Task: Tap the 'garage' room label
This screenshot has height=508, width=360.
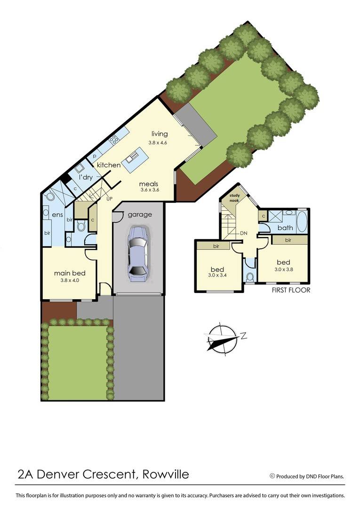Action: coord(139,214)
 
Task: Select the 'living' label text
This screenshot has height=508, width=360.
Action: coord(160,134)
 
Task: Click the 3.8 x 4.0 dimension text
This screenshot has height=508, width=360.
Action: coord(69,281)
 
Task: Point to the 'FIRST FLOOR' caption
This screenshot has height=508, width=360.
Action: coord(291,290)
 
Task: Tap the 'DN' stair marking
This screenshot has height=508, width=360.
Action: coord(244,233)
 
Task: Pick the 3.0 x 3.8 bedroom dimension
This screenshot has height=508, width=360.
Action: coord(283,270)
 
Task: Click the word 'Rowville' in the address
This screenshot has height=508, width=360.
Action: coord(165,474)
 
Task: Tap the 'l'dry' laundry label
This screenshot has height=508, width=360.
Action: coord(86,177)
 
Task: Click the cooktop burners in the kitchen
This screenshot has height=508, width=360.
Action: coord(114,140)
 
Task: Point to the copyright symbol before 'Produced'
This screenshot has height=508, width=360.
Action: coord(272,476)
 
